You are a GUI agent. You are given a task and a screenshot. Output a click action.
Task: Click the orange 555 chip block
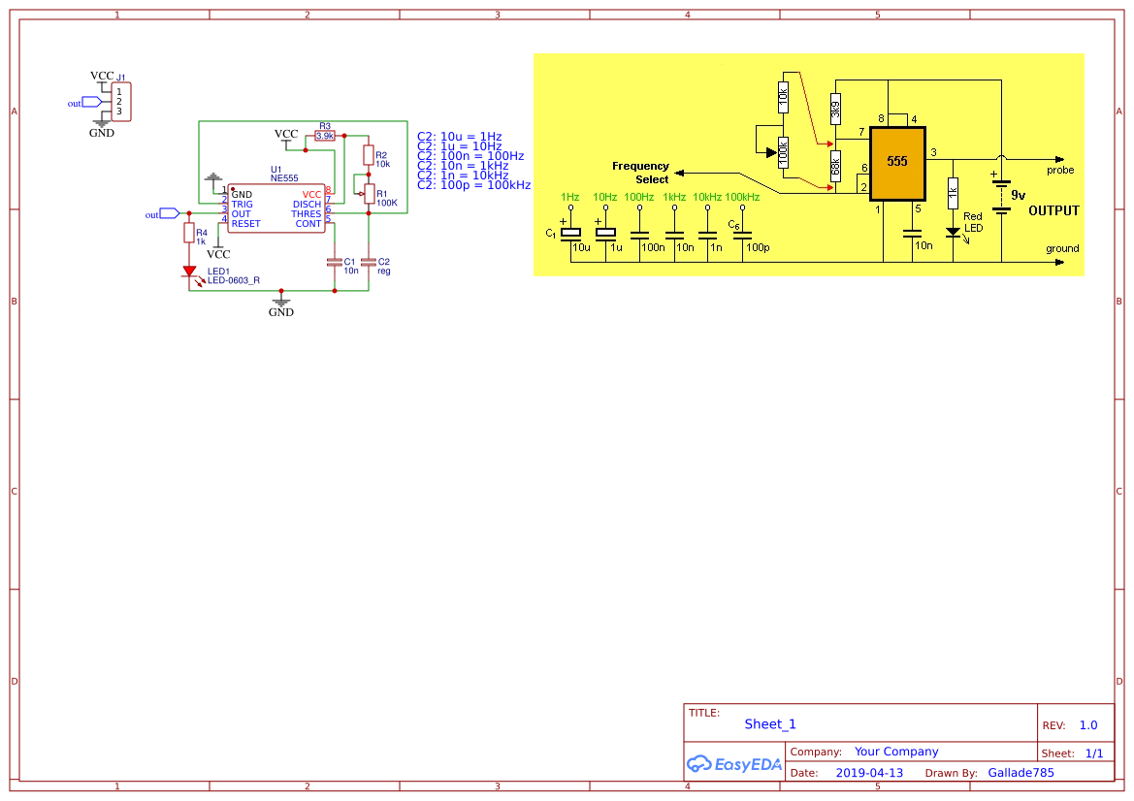coord(897,161)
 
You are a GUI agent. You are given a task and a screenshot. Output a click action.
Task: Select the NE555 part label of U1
coord(284,179)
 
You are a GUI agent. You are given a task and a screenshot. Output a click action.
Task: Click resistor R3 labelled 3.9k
coord(325,137)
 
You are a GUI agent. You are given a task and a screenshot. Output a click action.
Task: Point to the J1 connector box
coord(121,102)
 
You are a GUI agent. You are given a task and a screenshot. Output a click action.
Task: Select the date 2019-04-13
coord(869,773)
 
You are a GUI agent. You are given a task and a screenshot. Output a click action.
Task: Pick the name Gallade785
coord(1021,773)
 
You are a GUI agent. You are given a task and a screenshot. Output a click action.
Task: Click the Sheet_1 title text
coord(770,724)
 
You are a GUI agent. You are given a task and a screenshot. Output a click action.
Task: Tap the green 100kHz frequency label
coord(742,197)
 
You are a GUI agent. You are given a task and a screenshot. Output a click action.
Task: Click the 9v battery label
coord(1019,194)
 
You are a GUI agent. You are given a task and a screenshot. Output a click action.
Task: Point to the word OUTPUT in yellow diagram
coord(1053,210)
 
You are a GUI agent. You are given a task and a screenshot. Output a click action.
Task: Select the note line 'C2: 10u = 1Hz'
coord(460,137)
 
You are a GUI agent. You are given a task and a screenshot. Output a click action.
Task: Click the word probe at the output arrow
coord(1060,170)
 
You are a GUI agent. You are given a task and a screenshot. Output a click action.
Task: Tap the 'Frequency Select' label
coord(641,173)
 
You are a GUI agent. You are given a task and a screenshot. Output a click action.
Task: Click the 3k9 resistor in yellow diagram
coord(835,107)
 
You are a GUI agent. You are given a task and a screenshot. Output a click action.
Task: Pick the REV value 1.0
coord(1088,725)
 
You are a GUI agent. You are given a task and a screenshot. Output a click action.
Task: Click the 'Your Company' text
coord(896,752)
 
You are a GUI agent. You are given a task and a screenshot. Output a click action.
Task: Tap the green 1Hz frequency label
coord(570,197)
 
